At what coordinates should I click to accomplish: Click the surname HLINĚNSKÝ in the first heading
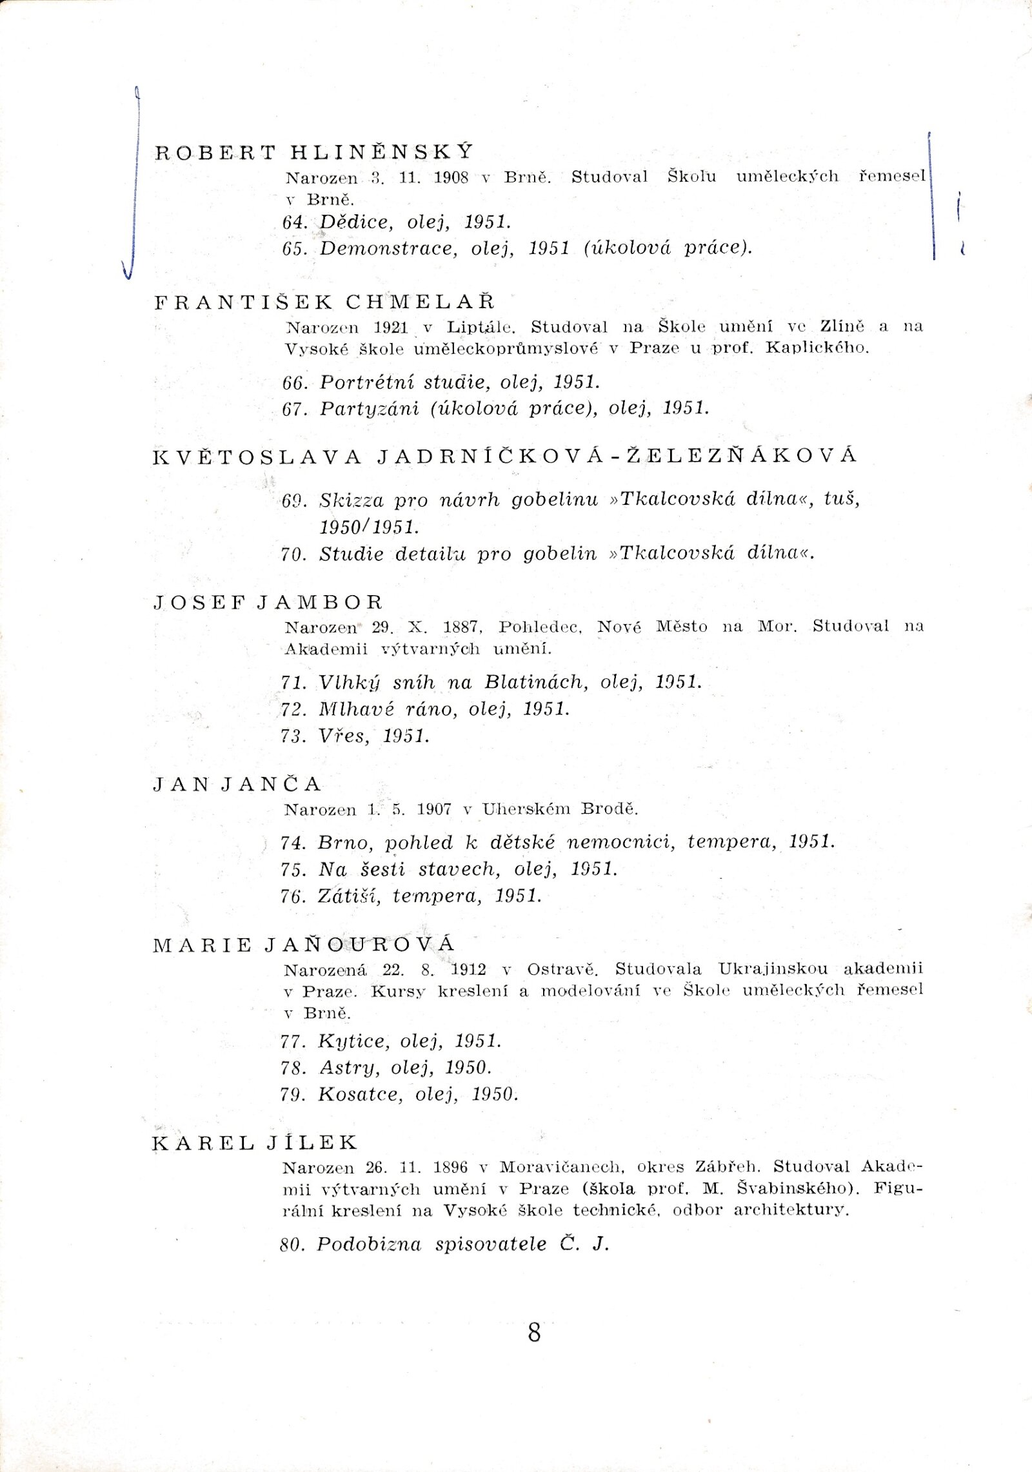click(382, 152)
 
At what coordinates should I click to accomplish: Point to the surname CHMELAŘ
click(421, 302)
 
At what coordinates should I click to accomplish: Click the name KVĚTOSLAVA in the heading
click(257, 457)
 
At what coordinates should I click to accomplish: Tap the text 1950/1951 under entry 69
click(369, 527)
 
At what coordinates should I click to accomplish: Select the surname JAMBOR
click(320, 602)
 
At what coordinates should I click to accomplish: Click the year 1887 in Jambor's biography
click(461, 627)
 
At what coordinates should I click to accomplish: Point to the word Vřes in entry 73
click(340, 736)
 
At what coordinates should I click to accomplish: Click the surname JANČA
click(271, 784)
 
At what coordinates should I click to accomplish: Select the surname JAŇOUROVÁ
click(360, 945)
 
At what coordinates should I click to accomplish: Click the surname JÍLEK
click(312, 1143)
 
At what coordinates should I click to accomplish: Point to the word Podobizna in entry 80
click(368, 1244)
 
